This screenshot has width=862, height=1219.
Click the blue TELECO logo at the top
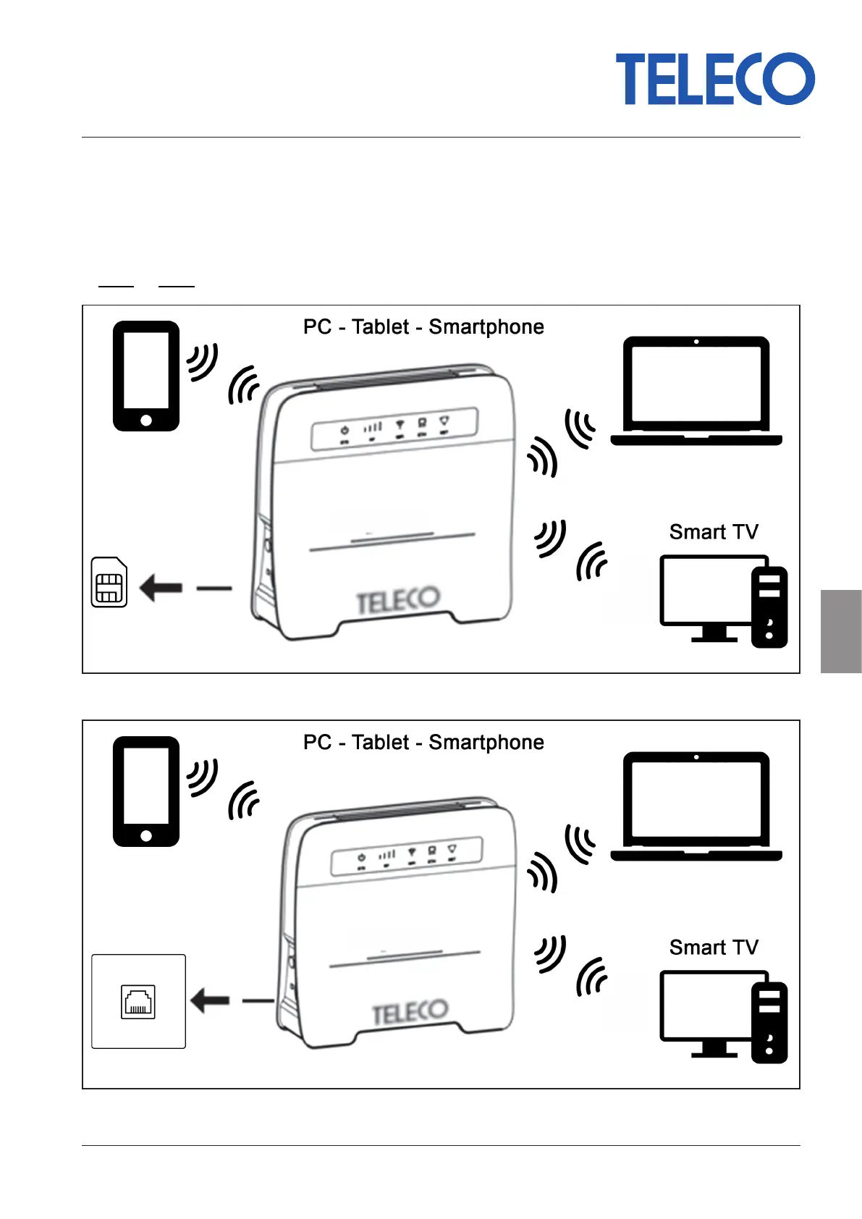714,79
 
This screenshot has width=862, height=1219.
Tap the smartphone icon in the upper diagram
146,376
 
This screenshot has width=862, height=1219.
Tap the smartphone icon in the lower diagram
146,791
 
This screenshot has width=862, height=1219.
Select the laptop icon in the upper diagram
696,390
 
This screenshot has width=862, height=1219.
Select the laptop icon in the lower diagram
696,806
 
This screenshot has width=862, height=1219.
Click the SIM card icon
109,582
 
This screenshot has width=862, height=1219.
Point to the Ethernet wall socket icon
138,1002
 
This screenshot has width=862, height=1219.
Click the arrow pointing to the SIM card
161,588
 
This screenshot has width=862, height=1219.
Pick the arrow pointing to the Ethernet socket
210,1001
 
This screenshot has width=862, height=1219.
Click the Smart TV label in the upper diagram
714,532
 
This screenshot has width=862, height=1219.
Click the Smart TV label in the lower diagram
714,948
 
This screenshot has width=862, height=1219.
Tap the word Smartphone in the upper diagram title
486,327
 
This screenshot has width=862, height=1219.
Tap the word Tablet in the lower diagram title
381,743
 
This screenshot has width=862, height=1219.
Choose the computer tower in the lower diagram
769,1022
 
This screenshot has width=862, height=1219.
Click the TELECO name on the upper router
398,599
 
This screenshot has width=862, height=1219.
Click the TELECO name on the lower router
410,1012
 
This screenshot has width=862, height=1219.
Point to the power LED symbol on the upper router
345,430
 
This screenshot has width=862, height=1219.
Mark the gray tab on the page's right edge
841,631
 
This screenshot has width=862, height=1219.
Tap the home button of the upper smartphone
146,421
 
